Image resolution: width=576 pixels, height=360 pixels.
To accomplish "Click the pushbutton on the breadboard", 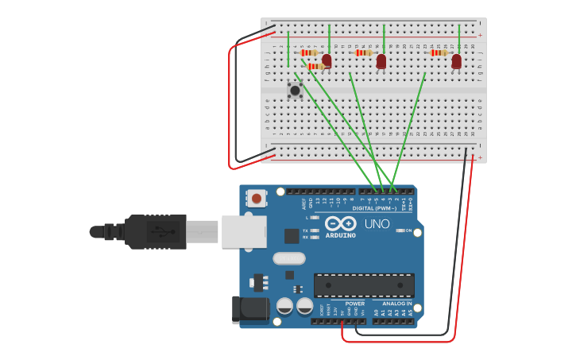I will (x=295, y=90).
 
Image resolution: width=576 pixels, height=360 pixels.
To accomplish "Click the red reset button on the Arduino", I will (x=256, y=197).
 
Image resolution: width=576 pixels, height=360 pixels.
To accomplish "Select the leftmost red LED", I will (x=327, y=60).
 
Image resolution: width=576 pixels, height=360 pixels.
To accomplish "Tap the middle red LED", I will (x=381, y=60).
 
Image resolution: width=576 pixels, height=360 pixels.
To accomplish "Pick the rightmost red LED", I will (x=456, y=60).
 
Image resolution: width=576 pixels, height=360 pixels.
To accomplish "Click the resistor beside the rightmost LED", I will (x=438, y=52).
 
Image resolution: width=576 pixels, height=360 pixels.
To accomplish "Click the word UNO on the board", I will (x=377, y=224).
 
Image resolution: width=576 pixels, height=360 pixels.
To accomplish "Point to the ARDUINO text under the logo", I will (x=341, y=235).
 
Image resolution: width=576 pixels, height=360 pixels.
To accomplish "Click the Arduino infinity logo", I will (x=340, y=223).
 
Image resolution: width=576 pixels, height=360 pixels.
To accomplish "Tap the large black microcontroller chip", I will (x=364, y=285).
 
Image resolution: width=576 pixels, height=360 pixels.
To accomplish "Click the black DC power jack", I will (x=249, y=310).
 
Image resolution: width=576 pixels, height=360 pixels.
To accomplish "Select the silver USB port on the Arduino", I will (x=243, y=231).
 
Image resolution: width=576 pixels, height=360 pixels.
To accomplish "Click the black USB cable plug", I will (x=155, y=231).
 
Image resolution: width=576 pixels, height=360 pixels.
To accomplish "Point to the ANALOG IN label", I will (x=396, y=303).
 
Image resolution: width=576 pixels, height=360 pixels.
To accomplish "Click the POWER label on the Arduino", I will (x=355, y=303).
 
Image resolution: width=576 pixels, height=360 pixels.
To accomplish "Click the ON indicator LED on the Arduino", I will (x=400, y=230).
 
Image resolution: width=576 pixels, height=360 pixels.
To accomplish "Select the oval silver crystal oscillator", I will (x=288, y=258).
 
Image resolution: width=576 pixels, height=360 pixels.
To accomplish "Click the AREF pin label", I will (x=304, y=203).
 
